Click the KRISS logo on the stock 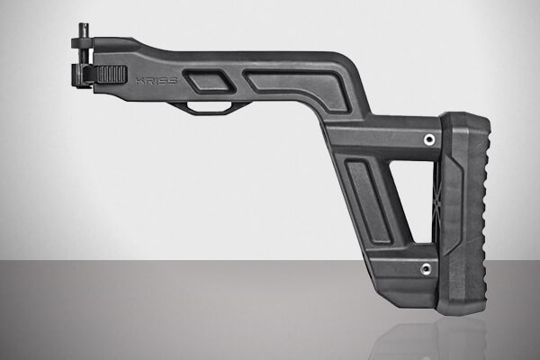click(156, 80)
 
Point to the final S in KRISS click(173, 80)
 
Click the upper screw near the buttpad click(429, 139)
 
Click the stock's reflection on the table click(423, 337)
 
